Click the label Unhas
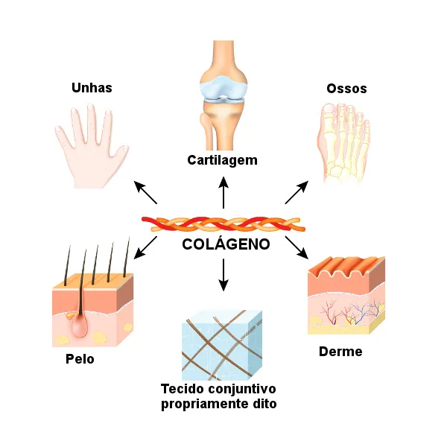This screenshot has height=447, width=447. point(92,88)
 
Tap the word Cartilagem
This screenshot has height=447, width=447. point(222,160)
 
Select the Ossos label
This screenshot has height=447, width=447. point(346,89)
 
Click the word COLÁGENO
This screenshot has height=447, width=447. point(226,245)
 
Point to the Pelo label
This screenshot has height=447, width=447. point(80,358)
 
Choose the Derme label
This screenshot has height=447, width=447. point(340,351)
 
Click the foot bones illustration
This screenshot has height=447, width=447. point(342,142)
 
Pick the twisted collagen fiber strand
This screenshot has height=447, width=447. point(223,223)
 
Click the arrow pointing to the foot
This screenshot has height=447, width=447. point(297,192)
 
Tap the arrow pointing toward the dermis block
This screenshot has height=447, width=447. point(297,247)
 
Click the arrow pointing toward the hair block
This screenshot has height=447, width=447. point(146,247)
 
